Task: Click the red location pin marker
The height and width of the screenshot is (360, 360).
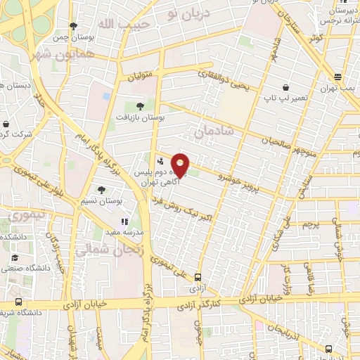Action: [x=181, y=165]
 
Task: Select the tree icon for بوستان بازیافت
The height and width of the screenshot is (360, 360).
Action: [x=140, y=106]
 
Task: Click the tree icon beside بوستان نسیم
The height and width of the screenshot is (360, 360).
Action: [x=102, y=190]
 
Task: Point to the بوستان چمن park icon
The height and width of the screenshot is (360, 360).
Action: [x=73, y=27]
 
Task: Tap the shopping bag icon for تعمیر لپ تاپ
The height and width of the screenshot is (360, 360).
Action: [x=285, y=88]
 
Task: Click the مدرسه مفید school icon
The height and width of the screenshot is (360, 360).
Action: [x=125, y=221]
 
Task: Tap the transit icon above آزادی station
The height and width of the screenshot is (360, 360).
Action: [x=198, y=277]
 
